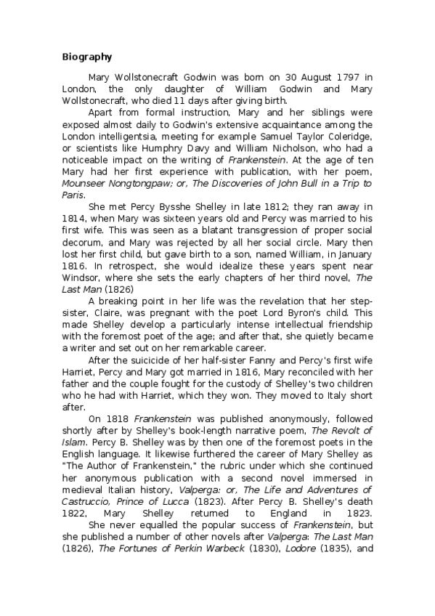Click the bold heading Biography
(87, 57)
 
